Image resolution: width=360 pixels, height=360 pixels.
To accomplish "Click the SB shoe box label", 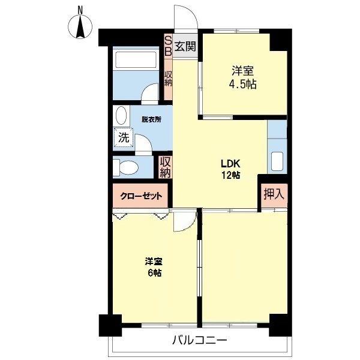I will pos(169,46).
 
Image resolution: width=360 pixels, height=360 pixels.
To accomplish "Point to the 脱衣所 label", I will pos(151,119).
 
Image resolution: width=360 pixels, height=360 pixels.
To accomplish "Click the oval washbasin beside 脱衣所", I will pos(122,116).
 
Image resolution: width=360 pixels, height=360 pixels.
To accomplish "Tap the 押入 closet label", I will pos(274,194).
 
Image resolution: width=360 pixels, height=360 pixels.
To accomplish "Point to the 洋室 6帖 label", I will pos(154,267).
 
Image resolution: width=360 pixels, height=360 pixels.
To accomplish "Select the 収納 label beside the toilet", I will pos(166,166).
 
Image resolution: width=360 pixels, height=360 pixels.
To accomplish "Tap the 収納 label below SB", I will pos(169,78).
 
